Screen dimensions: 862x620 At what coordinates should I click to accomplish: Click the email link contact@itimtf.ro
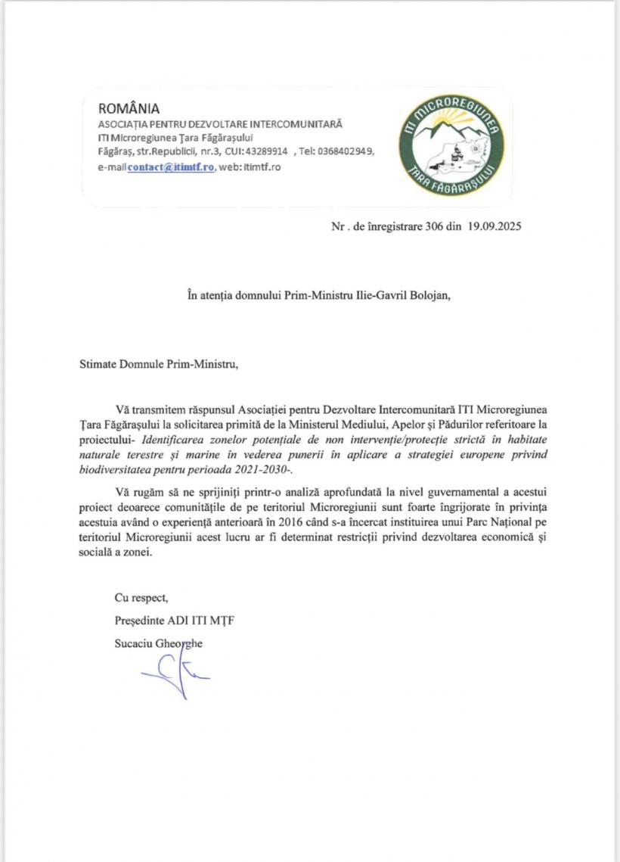172,166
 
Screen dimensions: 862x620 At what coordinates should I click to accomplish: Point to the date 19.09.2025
494,226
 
